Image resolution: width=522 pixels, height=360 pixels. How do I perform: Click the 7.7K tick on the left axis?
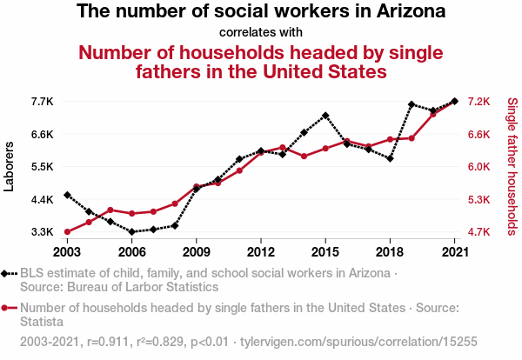42,102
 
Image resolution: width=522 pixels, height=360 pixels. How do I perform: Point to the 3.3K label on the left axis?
42,232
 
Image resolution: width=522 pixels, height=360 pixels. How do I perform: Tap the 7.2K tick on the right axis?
479,102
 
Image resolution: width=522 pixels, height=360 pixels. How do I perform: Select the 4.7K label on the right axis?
479,232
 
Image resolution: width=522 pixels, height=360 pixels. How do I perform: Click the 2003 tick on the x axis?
67,251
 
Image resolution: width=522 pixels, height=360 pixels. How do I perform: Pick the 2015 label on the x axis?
325,251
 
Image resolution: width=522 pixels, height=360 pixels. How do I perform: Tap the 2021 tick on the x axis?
454,251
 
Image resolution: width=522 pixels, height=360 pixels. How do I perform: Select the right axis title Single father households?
512,167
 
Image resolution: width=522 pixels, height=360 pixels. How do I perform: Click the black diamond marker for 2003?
67,195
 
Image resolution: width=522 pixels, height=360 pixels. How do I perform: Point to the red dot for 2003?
67,232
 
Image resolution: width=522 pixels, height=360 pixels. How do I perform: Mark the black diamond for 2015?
325,116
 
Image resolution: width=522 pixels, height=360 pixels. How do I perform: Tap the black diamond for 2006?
131,232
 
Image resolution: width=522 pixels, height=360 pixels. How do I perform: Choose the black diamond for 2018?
390,158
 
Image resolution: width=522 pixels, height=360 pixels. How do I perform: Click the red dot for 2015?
325,149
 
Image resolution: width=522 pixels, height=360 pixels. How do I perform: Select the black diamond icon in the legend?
10,273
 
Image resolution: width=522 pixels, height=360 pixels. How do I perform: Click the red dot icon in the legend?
10,308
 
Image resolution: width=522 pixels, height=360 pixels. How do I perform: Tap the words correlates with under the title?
261,33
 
